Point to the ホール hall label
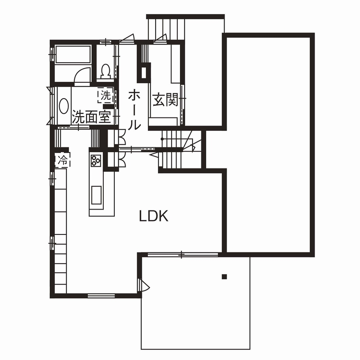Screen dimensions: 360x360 tap(134, 109)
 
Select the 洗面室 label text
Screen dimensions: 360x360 tap(91, 117)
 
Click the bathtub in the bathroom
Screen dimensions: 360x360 tap(73, 55)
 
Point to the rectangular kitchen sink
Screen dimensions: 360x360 tap(96, 195)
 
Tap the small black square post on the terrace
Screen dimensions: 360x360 tap(224, 276)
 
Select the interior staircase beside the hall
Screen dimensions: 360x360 tap(176, 150)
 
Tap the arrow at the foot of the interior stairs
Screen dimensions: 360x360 tap(153, 155)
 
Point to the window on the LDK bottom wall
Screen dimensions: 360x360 tap(101, 295)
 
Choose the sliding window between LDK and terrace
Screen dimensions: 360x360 tap(182, 255)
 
